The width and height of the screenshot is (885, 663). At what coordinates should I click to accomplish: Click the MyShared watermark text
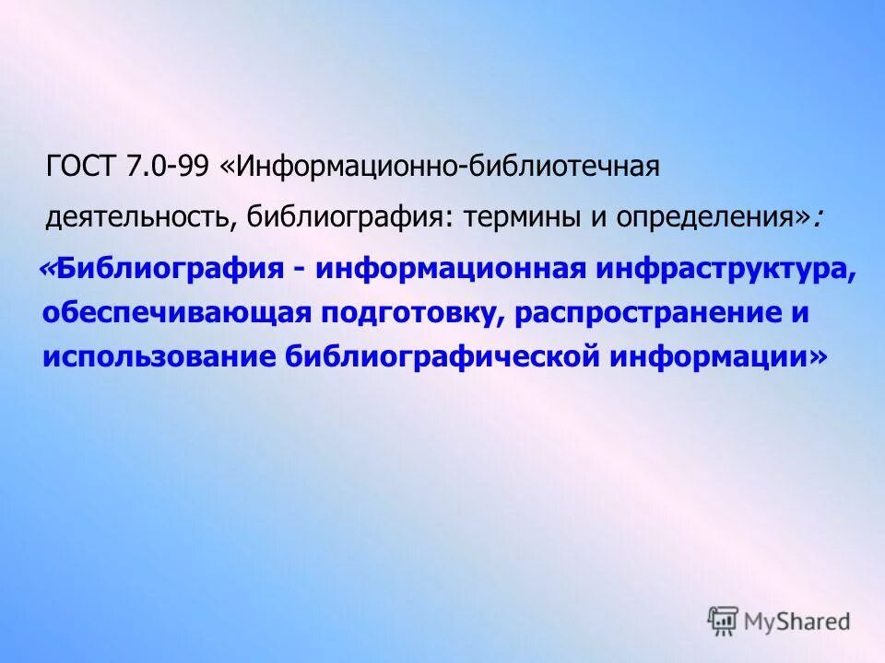coord(797,621)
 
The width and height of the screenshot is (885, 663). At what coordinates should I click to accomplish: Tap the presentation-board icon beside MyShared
coord(724,621)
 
